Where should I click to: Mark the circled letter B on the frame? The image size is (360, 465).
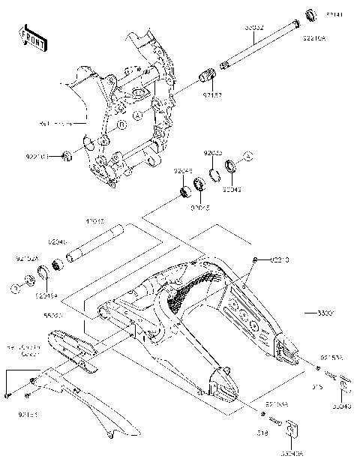tap(119, 127)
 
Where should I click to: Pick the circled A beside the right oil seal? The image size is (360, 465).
tap(250, 155)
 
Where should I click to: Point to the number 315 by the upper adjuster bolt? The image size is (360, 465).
tap(316, 387)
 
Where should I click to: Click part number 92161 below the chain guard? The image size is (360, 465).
tap(27, 413)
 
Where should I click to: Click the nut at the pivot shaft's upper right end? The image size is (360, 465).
tap(309, 14)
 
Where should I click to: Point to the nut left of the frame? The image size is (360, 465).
tap(67, 155)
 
